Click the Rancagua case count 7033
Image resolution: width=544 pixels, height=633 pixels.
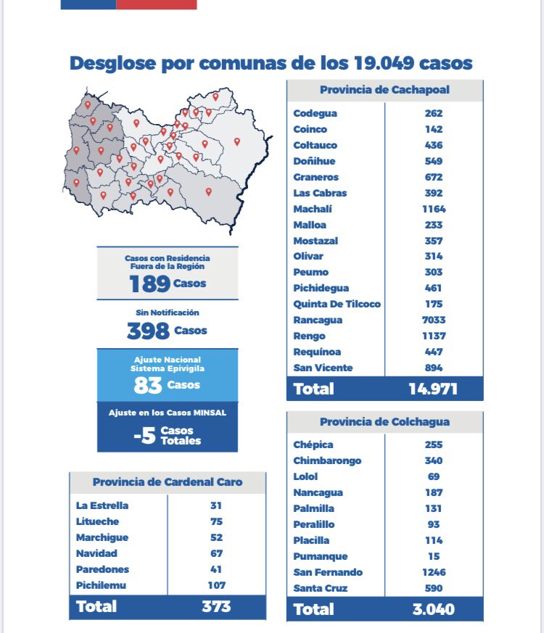point(434,320)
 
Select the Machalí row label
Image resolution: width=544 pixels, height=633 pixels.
point(313,209)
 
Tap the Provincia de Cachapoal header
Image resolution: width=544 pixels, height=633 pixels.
point(384,90)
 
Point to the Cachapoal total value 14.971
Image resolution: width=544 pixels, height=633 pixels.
point(433,389)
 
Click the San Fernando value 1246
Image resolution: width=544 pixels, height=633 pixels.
point(434,572)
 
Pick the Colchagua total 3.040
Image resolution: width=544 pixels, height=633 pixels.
point(433,609)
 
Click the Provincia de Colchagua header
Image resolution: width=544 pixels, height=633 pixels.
point(384,421)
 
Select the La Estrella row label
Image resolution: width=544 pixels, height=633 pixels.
point(102,505)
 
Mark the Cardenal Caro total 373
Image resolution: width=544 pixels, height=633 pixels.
point(215,606)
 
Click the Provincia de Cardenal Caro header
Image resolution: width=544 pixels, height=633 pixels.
point(168,482)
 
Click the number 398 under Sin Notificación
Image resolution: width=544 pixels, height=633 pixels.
point(148,331)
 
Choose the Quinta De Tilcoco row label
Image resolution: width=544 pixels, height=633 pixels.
point(337,304)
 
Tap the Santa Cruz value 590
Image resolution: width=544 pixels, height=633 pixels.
point(434,588)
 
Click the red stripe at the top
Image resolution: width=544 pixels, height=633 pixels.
point(156,4)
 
